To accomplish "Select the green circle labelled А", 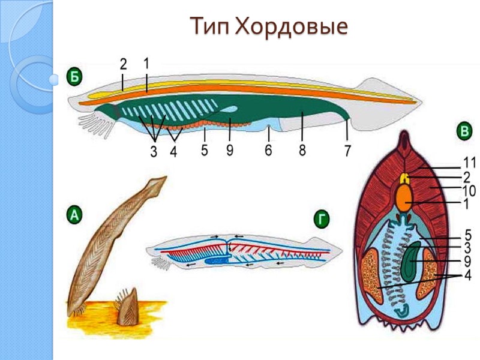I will click(x=74, y=215).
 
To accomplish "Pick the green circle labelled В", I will click(x=463, y=131).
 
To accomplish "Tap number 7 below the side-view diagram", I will click(x=347, y=151).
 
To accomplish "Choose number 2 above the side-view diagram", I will click(x=123, y=63).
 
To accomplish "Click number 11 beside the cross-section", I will click(x=468, y=162).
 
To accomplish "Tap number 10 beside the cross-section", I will click(x=468, y=191).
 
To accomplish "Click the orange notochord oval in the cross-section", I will click(x=407, y=198).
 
